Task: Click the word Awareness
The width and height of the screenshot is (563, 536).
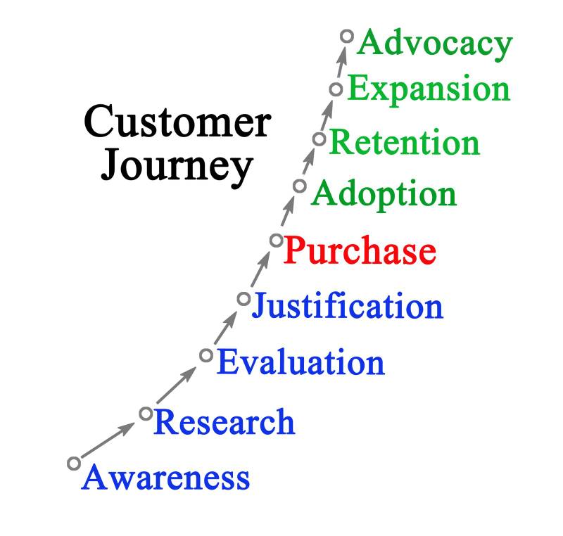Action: click(x=166, y=478)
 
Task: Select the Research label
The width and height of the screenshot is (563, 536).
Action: click(x=224, y=422)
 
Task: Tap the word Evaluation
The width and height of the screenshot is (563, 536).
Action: click(x=301, y=363)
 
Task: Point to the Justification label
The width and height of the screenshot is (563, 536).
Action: click(x=348, y=307)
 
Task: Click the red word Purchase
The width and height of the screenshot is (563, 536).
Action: click(x=360, y=250)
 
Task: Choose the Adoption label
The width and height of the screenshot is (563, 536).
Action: click(x=384, y=193)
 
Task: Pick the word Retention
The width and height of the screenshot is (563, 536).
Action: click(x=405, y=142)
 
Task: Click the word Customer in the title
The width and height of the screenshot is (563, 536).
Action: click(x=177, y=122)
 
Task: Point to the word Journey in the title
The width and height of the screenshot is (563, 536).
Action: click(x=177, y=167)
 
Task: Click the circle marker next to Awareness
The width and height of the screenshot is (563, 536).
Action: click(x=74, y=463)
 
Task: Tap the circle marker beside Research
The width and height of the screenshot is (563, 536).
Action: click(x=146, y=413)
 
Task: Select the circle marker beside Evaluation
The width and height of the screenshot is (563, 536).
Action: click(x=205, y=355)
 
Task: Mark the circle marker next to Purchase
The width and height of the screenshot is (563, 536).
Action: click(x=276, y=241)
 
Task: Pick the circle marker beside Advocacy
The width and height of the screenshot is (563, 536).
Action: click(x=346, y=35)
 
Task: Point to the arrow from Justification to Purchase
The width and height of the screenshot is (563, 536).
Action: click(x=260, y=269)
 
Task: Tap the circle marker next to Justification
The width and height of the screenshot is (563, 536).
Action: click(x=243, y=299)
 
